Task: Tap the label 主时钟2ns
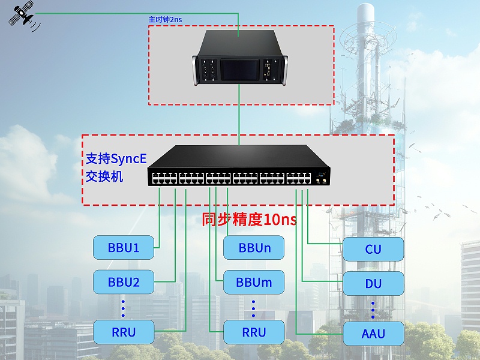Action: pos(165,20)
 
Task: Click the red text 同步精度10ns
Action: pos(249,220)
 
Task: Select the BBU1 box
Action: pos(124,247)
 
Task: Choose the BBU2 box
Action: pos(124,282)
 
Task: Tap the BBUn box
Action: pos(254,247)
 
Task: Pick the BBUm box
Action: pos(254,282)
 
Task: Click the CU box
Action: pos(373,249)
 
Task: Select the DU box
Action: pos(373,283)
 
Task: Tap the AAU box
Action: pos(373,334)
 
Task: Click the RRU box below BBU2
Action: pos(124,332)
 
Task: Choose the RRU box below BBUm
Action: pos(254,332)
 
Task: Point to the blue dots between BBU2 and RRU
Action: pos(123,307)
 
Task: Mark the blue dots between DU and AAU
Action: pos(373,309)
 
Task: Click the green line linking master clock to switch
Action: pos(240,117)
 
